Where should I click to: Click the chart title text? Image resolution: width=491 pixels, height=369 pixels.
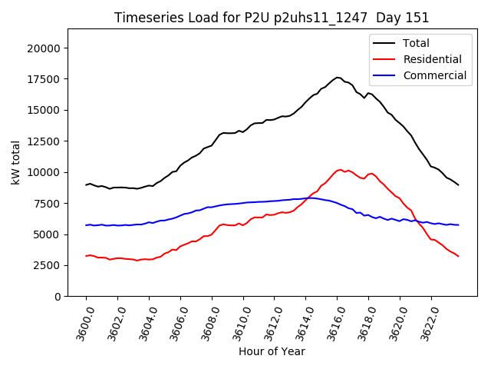[x=272, y=18]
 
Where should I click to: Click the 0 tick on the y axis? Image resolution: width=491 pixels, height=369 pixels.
[x=58, y=297]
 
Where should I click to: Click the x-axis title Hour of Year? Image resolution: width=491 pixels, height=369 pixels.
[x=272, y=351]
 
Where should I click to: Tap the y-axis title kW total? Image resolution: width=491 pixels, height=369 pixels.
[x=16, y=162]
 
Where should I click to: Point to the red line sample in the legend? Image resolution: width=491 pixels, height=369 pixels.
[x=384, y=59]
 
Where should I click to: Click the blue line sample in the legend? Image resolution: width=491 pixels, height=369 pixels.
[x=384, y=75]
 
